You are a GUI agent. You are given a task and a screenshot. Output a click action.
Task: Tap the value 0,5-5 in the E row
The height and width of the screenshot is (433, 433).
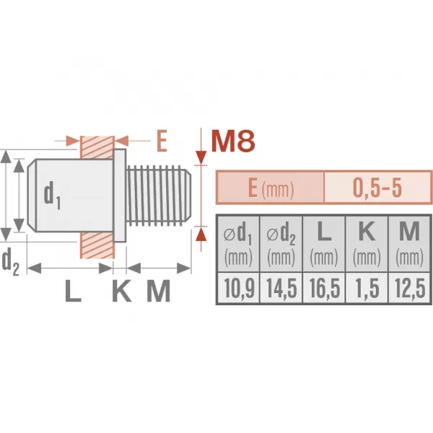coord(377,188)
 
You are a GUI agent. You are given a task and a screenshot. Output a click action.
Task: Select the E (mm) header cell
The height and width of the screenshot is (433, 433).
coord(271,188)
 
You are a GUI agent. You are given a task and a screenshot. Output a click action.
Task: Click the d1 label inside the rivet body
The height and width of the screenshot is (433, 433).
coord(51,194)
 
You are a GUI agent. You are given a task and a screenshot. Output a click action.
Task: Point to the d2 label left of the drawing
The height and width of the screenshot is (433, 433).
coord(10,261)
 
